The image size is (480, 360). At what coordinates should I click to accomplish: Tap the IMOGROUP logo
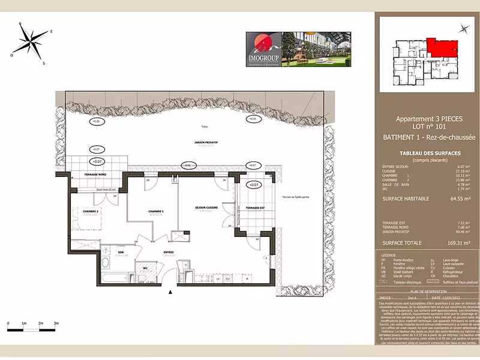click(262, 49)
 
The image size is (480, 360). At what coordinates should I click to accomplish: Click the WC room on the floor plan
click(145, 268)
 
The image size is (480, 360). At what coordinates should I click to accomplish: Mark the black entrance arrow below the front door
click(172, 293)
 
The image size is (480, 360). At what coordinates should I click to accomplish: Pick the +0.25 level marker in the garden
click(252, 119)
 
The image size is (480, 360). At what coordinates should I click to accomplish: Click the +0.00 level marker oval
click(95, 122)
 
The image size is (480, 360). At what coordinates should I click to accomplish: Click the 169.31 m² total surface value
click(460, 243)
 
